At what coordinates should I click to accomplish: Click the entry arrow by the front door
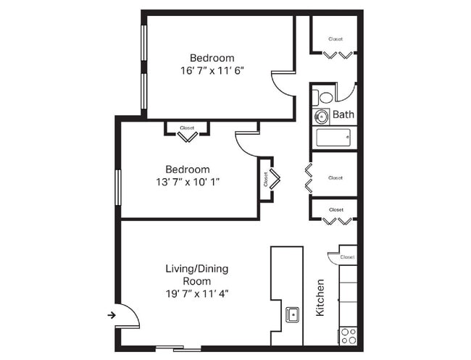coord(112,314)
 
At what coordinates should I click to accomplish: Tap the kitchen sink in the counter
coord(293,314)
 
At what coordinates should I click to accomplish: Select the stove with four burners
coord(348,335)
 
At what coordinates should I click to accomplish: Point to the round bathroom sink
coord(321,115)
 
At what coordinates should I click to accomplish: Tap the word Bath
coord(343,114)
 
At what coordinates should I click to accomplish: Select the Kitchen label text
coord(320,298)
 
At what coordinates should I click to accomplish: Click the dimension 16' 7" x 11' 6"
coord(212,71)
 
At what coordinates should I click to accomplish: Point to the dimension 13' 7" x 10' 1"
coord(187,182)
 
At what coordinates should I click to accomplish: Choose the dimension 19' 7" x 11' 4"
coord(196,293)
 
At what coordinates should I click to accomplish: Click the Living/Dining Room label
coord(196,275)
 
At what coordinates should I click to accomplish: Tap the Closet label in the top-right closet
coord(335,39)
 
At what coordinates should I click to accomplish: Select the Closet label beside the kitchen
coord(347,256)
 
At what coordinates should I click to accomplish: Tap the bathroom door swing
coord(346,91)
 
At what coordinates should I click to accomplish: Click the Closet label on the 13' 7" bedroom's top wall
coord(187,127)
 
